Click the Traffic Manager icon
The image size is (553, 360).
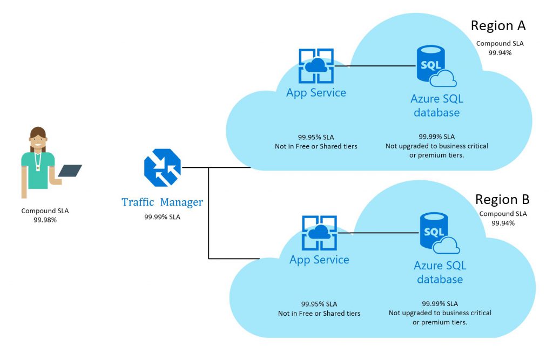click(162, 167)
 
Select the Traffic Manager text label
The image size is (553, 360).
click(162, 202)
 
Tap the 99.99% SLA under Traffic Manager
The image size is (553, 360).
click(162, 216)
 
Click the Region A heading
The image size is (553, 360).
click(498, 25)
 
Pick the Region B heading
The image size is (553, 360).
click(502, 199)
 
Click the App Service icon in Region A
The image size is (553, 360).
click(316, 66)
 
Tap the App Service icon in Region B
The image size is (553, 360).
click(320, 233)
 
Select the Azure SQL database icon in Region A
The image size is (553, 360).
click(435, 67)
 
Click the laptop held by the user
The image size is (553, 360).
click(70, 171)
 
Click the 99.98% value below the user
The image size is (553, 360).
click(45, 220)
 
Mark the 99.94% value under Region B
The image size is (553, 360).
click(503, 222)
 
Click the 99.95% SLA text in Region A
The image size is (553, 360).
click(316, 137)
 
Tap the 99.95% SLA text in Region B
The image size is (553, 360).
click(319, 304)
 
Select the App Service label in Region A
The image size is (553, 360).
click(316, 93)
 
